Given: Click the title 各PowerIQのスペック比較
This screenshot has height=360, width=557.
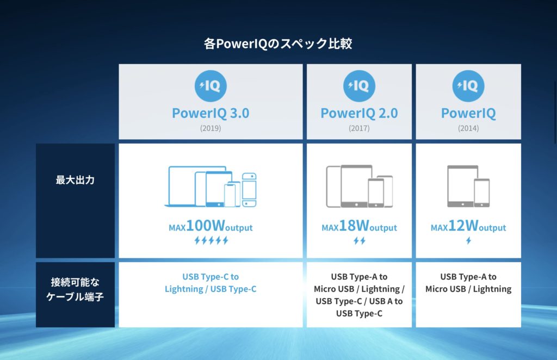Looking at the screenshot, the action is coord(278,44).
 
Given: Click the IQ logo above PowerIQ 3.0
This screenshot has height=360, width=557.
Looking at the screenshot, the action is coord(211,86).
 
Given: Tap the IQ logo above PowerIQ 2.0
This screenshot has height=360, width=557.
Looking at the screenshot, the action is coord(359,86).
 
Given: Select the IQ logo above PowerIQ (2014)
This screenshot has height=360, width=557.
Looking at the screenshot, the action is coord(468,86).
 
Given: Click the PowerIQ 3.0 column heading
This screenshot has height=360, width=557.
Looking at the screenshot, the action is coord(211,113).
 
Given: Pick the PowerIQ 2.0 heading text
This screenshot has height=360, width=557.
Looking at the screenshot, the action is coord(359,113).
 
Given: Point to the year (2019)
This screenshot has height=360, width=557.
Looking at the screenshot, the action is coord(211,128).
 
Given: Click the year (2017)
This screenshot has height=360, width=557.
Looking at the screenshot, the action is coord(359,128).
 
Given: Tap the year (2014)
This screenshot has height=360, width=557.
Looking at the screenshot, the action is coord(468,128).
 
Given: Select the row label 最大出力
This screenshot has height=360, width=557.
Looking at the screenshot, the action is coord(75,180).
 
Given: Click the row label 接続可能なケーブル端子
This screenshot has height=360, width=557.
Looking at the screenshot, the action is coord(75,289).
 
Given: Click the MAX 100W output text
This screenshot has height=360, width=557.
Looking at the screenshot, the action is coord(211,226).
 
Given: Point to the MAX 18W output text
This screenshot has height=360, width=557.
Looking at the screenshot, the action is coord(359,226).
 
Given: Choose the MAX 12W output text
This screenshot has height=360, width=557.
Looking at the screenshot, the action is coord(468,226).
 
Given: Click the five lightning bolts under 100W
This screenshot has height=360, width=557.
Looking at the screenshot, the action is coord(211,241).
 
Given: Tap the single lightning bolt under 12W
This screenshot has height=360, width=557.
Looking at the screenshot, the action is coord(468,241).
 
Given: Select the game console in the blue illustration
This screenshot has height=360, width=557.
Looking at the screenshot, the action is coord(249,190).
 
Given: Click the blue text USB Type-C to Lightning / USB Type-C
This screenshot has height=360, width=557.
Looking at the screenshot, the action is coord(211,283).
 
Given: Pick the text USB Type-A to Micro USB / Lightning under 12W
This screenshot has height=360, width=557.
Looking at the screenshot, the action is coord(468,283).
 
